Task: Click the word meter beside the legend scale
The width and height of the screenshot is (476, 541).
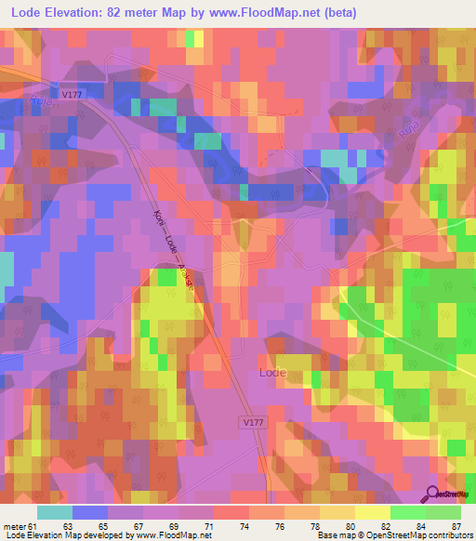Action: point(14,527)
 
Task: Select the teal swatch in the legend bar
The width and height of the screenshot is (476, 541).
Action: point(55,512)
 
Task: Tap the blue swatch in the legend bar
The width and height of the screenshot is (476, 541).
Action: point(90,512)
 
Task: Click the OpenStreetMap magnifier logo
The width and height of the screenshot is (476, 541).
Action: point(434,495)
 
